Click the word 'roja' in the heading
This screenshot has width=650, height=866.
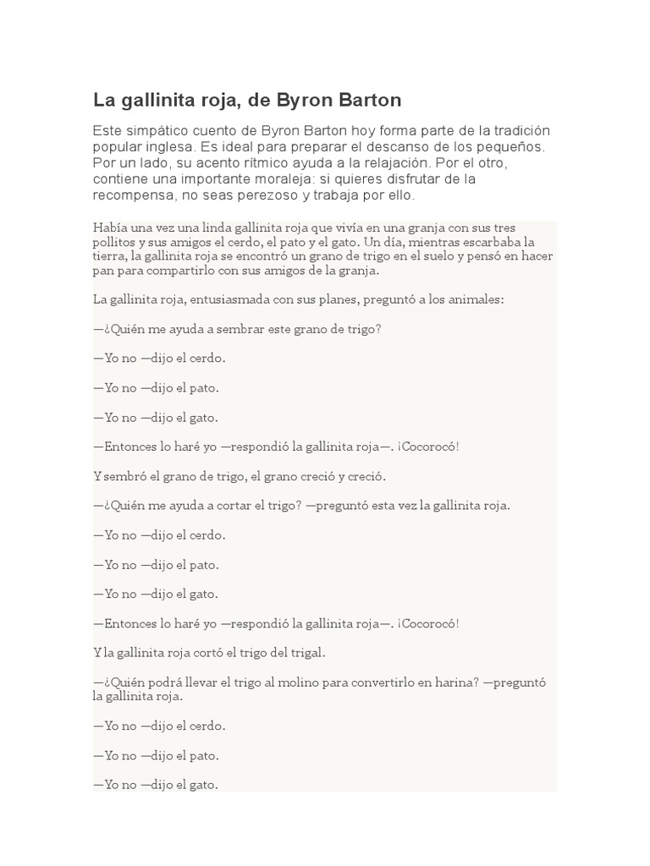tap(204, 101)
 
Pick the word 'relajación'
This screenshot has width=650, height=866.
tap(373, 162)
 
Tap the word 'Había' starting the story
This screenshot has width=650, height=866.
tap(108, 228)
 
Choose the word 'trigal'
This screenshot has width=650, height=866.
tap(306, 653)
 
